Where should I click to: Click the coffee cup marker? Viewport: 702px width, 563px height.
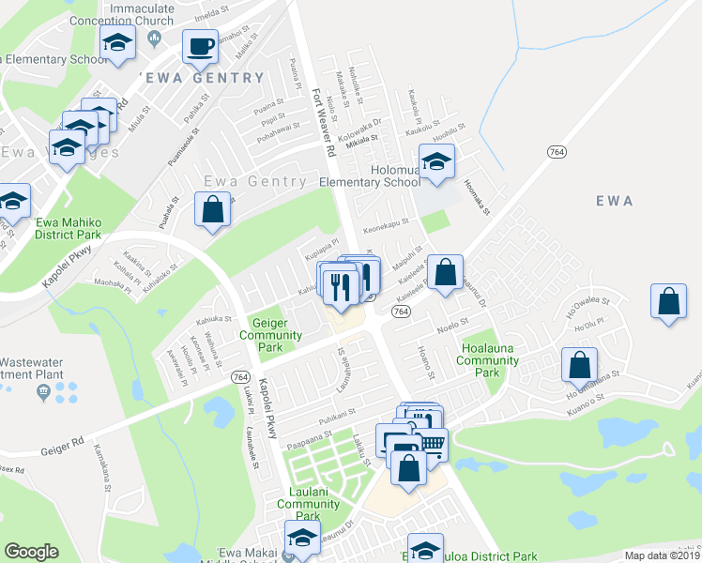point(199,47)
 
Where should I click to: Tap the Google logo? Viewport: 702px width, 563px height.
point(31,552)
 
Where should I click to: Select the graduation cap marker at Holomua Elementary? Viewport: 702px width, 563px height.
point(436,163)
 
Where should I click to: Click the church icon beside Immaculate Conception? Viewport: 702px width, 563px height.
point(155,36)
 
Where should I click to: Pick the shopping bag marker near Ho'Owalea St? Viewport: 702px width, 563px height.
point(668,303)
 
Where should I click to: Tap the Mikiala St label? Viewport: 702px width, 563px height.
point(361,138)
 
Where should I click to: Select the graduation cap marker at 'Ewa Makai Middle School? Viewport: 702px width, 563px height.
point(302,541)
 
